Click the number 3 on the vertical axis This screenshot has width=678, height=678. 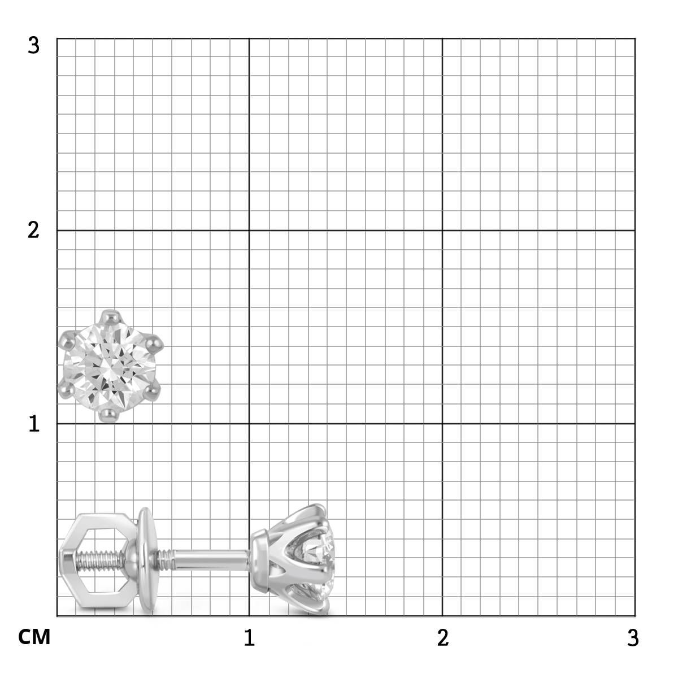pos(33,46)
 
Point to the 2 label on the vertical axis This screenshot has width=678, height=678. pos(33,231)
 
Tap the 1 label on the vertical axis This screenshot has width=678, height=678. pos(34,424)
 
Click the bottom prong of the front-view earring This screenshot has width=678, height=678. pos(110,414)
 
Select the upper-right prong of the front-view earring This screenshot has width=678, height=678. pos(154,342)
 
